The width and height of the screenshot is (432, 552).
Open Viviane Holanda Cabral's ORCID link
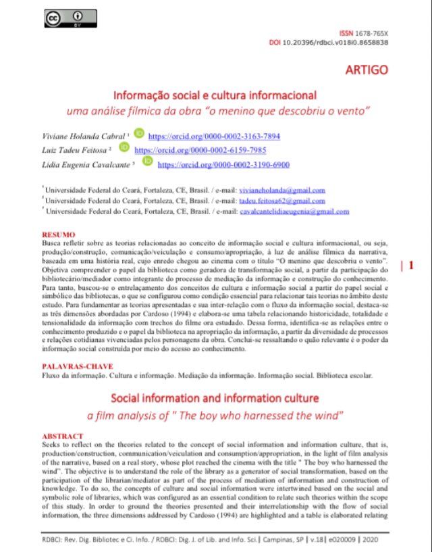pyautogui.click(x=213, y=135)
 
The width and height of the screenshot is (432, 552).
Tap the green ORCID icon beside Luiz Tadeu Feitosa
pyautogui.click(x=124, y=147)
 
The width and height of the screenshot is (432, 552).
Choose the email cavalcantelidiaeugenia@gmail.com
pyautogui.click(x=294, y=211)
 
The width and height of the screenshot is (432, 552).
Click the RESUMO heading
pyautogui.click(x=58, y=234)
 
